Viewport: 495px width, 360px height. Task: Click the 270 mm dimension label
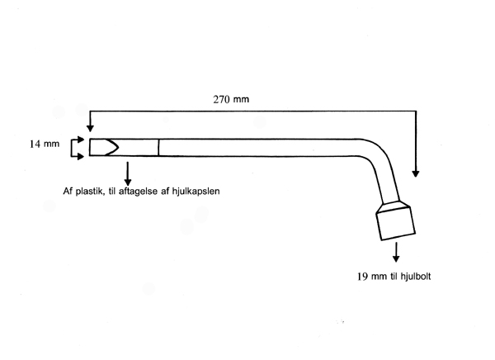tap(231, 99)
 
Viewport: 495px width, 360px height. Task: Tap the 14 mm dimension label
tap(45, 144)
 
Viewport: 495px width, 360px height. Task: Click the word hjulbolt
tap(416, 277)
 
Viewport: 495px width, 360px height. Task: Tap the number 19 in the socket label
tap(363, 277)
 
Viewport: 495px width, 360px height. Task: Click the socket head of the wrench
tap(395, 223)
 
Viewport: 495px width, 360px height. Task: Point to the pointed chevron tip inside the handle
tap(118, 147)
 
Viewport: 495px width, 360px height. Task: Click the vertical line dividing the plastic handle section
tap(158, 147)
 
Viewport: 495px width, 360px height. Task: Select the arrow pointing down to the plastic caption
tap(128, 173)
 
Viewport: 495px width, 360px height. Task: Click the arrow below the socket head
tap(396, 252)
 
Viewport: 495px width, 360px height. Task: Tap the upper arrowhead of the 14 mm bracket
tap(81, 139)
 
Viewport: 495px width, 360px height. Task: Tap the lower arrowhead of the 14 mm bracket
tap(81, 156)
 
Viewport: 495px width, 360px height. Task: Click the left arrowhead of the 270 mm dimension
tap(90, 128)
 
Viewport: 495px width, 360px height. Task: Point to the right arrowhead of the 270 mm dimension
tap(416, 173)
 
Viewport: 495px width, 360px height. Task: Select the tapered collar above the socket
tap(393, 207)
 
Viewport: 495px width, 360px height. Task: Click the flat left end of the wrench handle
tap(90, 147)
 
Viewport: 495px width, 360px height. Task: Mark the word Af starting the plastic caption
tap(68, 192)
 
